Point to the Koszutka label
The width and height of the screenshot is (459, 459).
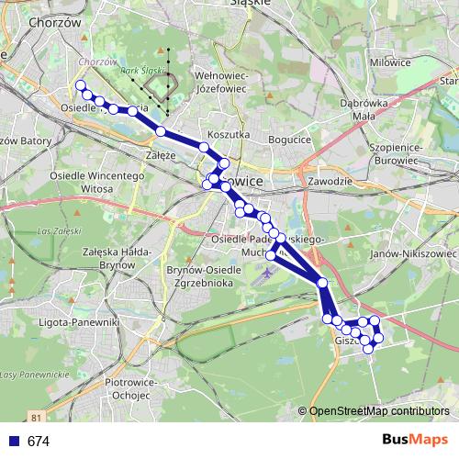pyautogui.click(x=229, y=134)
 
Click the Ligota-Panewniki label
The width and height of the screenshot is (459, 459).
pyautogui.click(x=80, y=322)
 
